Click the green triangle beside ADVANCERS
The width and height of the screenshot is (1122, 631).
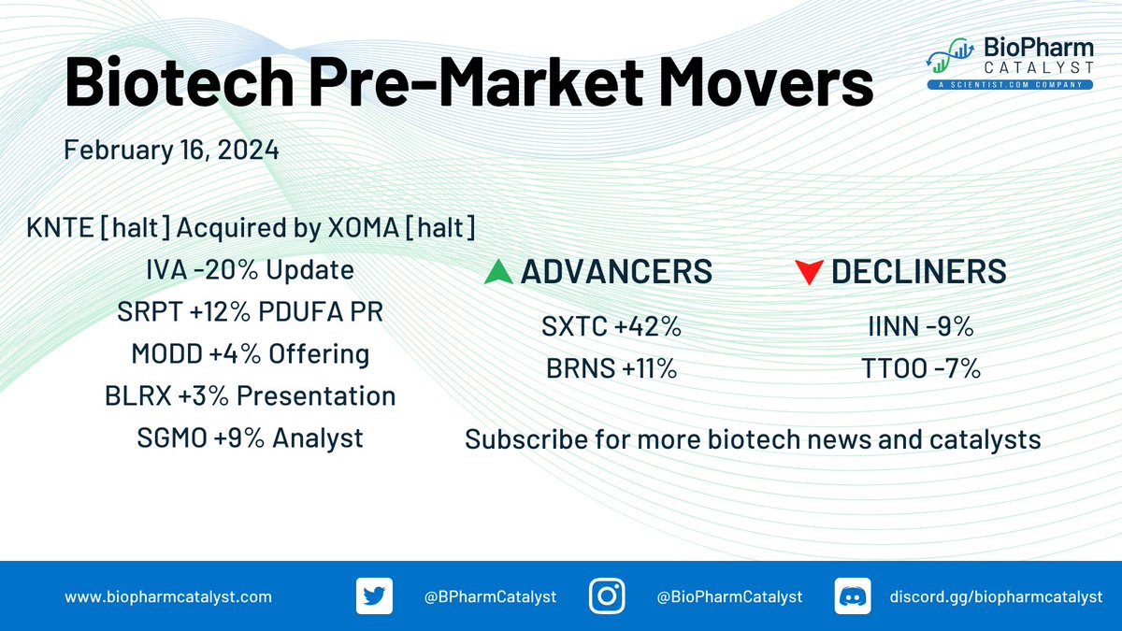pyautogui.click(x=498, y=272)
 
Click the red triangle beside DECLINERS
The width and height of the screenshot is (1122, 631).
pyautogui.click(x=810, y=272)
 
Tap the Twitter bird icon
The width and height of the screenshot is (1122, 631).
pyautogui.click(x=374, y=596)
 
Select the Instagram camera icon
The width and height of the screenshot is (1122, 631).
pyautogui.click(x=607, y=596)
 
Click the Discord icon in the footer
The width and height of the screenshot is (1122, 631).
pyautogui.click(x=853, y=596)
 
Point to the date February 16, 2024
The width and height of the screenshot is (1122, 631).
pyautogui.click(x=171, y=151)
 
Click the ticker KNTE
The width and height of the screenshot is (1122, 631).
pyautogui.click(x=60, y=228)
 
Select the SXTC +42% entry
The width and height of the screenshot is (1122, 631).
pyautogui.click(x=611, y=326)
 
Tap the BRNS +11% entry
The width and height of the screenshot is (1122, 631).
pyautogui.click(x=611, y=368)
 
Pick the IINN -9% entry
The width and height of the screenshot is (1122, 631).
pyautogui.click(x=921, y=326)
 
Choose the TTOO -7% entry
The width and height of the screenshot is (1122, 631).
pyautogui.click(x=921, y=368)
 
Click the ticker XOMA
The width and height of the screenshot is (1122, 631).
pyautogui.click(x=363, y=228)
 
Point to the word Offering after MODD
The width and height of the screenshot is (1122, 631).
pyautogui.click(x=319, y=354)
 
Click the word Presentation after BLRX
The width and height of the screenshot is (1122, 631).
pyautogui.click(x=316, y=396)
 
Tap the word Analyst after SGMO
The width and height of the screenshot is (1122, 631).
pyautogui.click(x=318, y=438)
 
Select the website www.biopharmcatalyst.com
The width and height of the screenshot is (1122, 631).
pyautogui.click(x=168, y=597)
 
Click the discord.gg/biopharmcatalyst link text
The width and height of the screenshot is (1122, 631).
pyautogui.click(x=996, y=597)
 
